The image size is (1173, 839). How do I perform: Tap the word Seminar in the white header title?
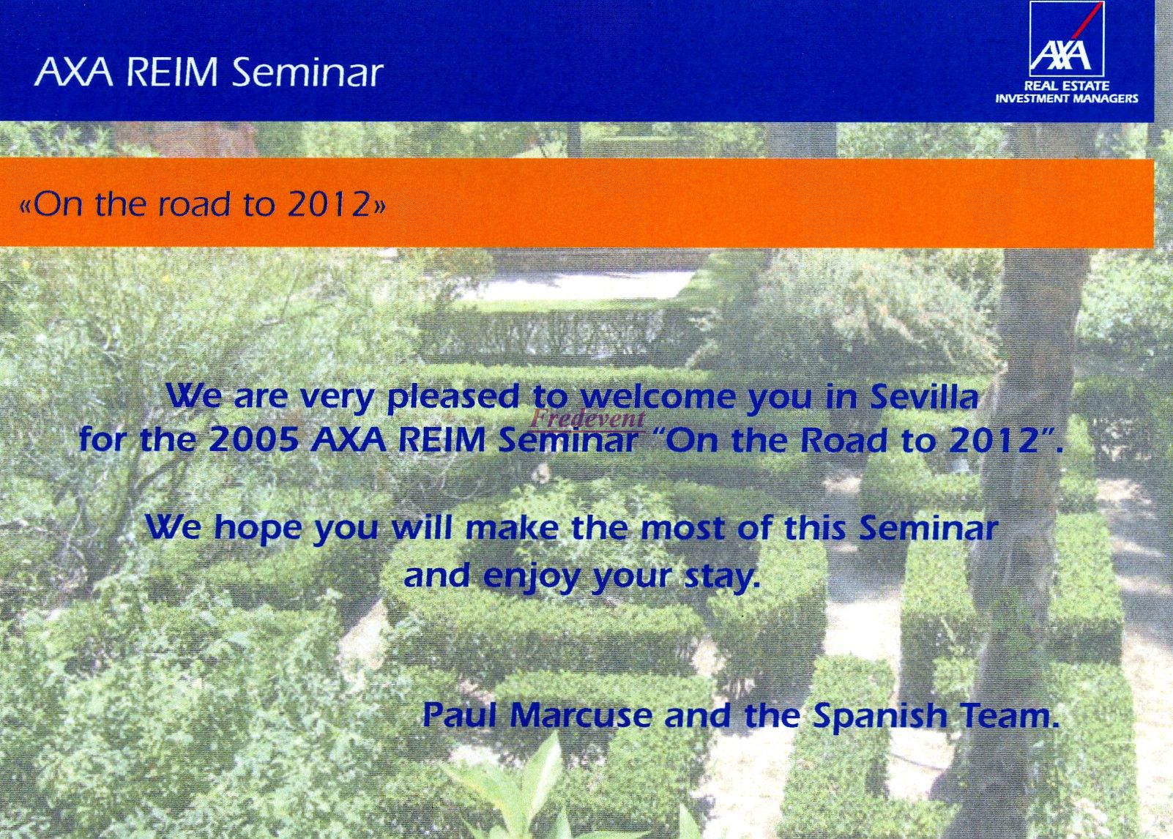tap(306, 72)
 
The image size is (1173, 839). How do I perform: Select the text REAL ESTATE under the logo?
tap(1067, 86)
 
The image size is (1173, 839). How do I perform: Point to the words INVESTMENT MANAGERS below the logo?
tap(1067, 98)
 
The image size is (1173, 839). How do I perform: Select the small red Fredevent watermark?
tap(587, 418)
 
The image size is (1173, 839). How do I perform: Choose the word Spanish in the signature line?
tap(879, 717)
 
